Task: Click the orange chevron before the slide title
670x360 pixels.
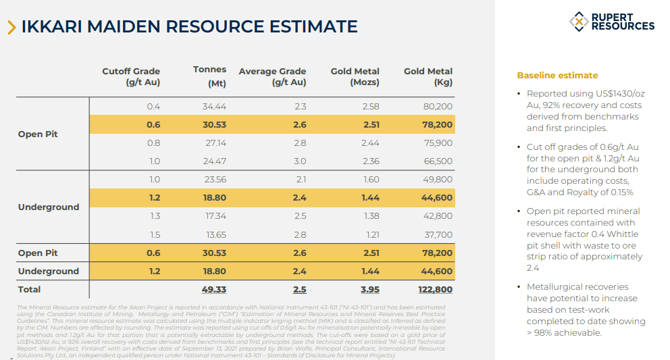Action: pyautogui.click(x=11, y=27)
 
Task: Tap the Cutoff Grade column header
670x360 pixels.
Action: pyautogui.click(x=131, y=77)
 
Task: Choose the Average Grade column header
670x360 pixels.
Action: pyautogui.click(x=272, y=77)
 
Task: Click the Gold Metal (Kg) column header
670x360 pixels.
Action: pyautogui.click(x=428, y=77)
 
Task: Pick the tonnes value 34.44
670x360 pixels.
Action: pyautogui.click(x=214, y=107)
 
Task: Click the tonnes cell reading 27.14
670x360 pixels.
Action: pyautogui.click(x=214, y=143)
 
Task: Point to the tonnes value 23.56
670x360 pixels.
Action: pyautogui.click(x=214, y=180)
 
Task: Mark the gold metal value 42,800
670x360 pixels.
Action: pyautogui.click(x=437, y=216)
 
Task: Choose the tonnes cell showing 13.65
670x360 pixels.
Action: pyautogui.click(x=214, y=234)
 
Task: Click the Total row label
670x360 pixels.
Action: pyautogui.click(x=30, y=290)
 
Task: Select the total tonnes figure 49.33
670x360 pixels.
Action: pyautogui.click(x=213, y=290)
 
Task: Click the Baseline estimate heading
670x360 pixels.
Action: pyautogui.click(x=557, y=76)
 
